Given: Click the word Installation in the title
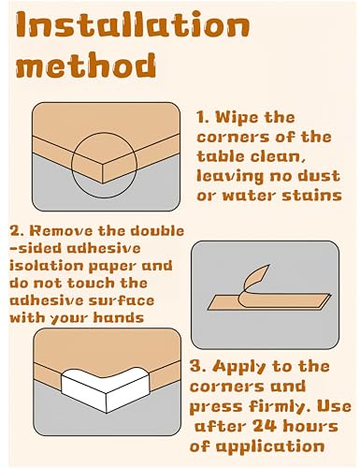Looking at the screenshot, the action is pyautogui.click(x=133, y=25).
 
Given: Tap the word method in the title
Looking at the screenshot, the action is pyautogui.click(x=86, y=66).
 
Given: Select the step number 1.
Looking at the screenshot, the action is pyautogui.click(x=202, y=118).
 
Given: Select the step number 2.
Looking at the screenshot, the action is pyautogui.click(x=16, y=231).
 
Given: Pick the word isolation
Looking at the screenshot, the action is pyautogui.click(x=47, y=266).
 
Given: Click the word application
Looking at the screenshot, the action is pyautogui.click(x=270, y=447).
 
